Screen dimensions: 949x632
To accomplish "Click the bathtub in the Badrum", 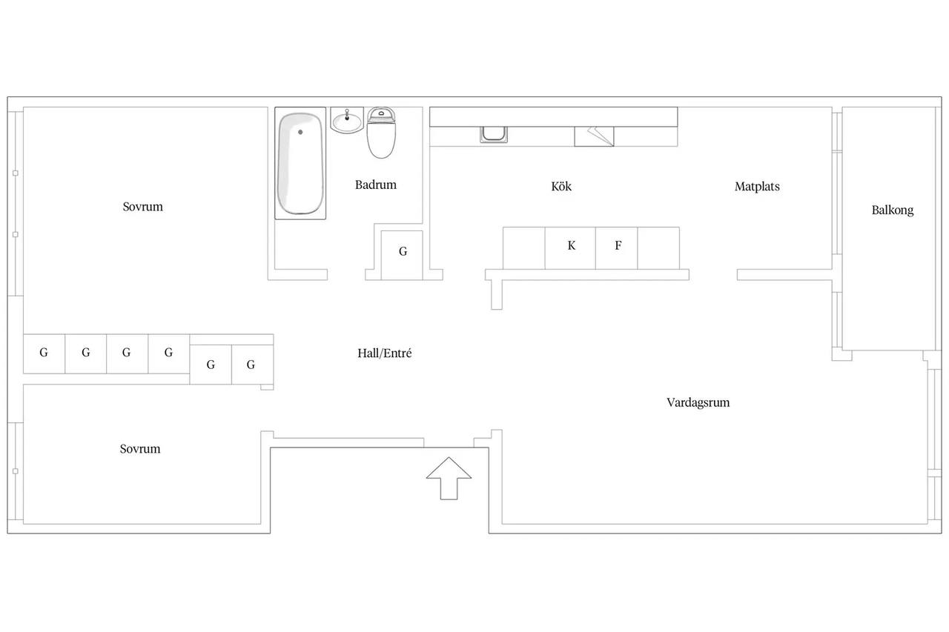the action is click(x=300, y=164).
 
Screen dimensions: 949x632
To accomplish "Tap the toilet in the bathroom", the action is click(x=381, y=133).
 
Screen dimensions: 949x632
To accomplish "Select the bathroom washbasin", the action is click(x=347, y=121).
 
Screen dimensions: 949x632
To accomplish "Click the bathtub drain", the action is click(x=300, y=132).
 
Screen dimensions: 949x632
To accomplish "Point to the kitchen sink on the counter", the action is click(x=494, y=135).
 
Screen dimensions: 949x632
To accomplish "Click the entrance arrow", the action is click(x=449, y=479).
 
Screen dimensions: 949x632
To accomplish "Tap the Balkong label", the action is click(x=892, y=210).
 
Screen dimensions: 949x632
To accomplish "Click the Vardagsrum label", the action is click(x=698, y=402).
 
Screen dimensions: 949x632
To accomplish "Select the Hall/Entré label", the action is click(x=384, y=353).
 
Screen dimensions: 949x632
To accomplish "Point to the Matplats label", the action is click(x=757, y=186).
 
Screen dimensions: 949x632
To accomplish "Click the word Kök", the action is click(x=561, y=186).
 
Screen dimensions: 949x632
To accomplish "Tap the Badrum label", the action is click(x=376, y=184).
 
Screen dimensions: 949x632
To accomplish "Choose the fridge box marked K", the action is click(x=570, y=248).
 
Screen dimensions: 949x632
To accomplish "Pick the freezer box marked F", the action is click(x=616, y=248).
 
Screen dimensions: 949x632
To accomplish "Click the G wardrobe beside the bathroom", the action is click(x=402, y=256).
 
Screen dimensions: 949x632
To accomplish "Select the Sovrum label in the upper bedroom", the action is click(x=143, y=207).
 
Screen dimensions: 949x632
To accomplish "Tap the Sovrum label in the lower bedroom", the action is click(x=140, y=449).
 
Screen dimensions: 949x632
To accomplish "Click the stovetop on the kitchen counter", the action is click(x=594, y=136).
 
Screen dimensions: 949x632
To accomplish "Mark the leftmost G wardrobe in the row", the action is click(x=44, y=354).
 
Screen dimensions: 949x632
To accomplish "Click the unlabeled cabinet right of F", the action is click(x=658, y=248).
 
